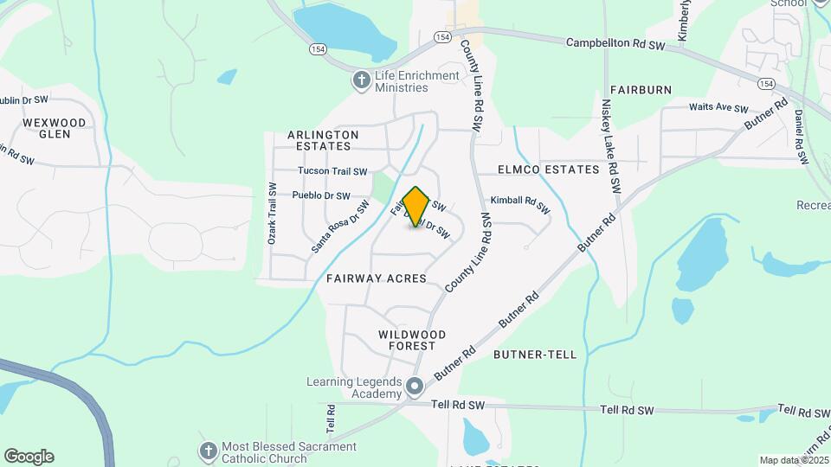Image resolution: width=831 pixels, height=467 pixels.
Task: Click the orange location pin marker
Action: pos(416,207)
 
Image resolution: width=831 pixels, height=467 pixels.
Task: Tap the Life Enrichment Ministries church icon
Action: pos(361,81)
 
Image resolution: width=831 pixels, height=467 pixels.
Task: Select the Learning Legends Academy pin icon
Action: pos(415,387)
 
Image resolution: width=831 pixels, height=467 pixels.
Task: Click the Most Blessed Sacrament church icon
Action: pos(208,451)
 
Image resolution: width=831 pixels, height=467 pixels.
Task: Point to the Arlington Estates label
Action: pos(323,141)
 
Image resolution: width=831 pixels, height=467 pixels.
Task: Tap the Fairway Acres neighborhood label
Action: pos(377,278)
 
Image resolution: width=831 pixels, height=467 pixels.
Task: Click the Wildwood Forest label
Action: pos(412,340)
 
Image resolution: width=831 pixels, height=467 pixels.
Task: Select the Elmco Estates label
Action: pos(549,170)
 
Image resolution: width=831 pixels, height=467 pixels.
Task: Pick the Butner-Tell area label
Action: pos(534,355)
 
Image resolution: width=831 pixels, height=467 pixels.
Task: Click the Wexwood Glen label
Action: pos(55,128)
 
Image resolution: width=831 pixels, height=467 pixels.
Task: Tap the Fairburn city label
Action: pos(641,89)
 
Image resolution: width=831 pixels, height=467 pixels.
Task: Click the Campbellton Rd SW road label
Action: pos(615,44)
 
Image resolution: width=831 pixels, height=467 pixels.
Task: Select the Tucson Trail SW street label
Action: pos(332,171)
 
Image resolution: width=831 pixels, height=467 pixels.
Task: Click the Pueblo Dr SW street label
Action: pos(321,195)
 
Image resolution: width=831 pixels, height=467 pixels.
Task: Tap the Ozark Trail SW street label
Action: pos(272,214)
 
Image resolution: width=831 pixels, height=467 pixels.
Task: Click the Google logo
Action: pos(29,457)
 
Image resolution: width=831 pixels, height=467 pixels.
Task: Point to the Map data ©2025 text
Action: pos(793,460)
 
